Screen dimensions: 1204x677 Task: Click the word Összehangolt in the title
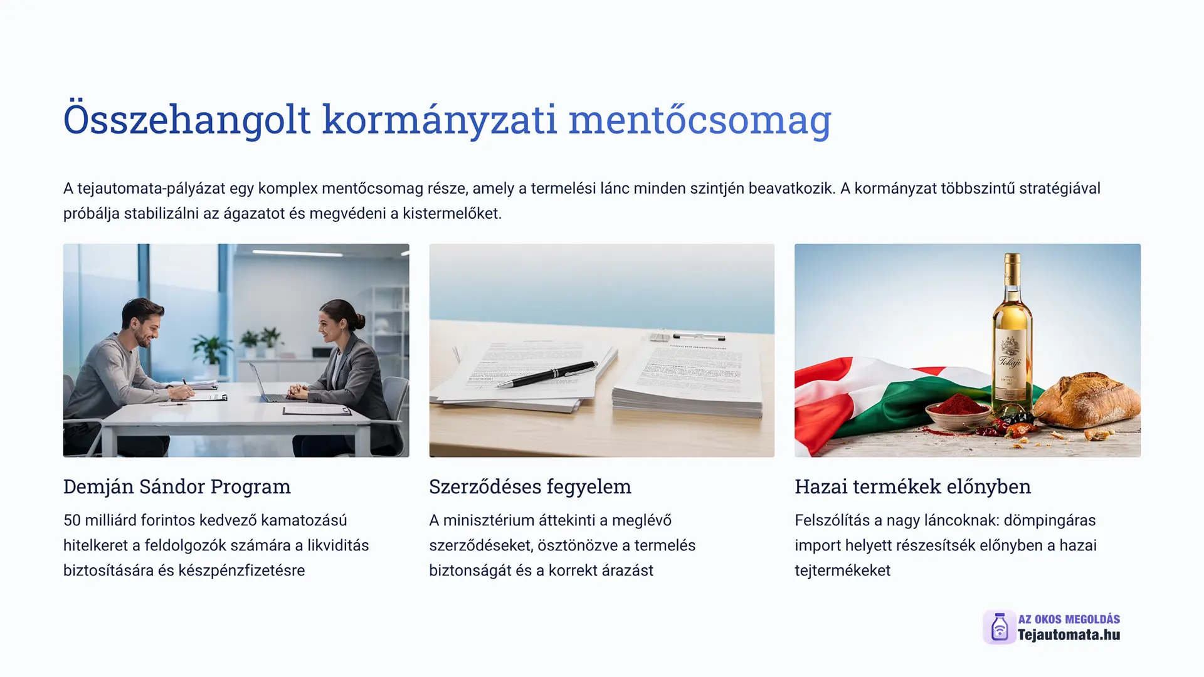[187, 118]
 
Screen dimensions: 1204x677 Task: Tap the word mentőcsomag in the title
[700, 118]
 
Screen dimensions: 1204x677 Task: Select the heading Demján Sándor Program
[177, 486]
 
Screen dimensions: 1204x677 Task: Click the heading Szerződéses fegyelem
[530, 486]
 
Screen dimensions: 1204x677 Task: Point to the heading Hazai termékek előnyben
[912, 486]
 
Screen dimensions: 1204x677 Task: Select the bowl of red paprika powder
[958, 411]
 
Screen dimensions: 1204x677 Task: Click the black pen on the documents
[546, 374]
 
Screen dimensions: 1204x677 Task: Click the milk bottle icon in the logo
[1000, 627]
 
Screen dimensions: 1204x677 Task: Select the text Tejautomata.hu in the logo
[1069, 635]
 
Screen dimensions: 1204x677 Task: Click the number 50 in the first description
[72, 520]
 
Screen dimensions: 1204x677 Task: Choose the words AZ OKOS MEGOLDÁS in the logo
[1069, 619]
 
